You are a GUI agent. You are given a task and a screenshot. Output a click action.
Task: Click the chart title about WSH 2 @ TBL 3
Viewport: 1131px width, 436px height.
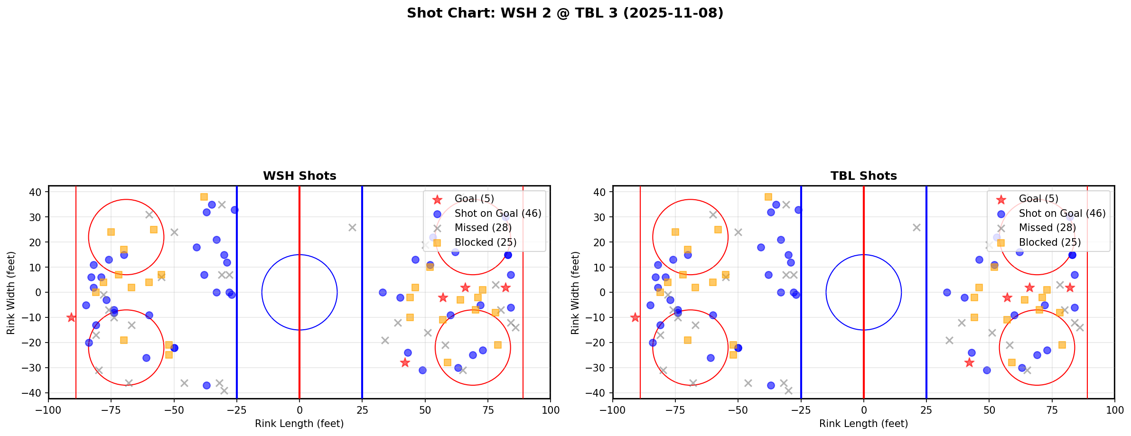click(565, 13)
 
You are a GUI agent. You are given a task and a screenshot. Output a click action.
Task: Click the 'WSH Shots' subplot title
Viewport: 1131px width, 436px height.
click(299, 176)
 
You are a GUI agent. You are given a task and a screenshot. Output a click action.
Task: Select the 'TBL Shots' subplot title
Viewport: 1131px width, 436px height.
click(863, 176)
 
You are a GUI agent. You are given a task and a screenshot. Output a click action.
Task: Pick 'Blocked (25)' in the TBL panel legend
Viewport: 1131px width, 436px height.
click(1050, 242)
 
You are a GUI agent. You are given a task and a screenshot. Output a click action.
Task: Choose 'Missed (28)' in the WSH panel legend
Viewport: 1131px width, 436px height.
click(483, 228)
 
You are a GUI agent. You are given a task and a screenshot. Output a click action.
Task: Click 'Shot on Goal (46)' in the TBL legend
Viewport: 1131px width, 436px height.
click(1062, 213)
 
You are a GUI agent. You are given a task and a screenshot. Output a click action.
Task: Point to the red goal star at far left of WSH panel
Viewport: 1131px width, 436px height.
click(71, 317)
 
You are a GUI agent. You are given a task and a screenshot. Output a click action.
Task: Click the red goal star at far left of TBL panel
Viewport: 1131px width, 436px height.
click(635, 317)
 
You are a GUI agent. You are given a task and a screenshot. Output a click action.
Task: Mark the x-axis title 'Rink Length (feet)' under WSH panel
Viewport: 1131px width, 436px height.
click(299, 424)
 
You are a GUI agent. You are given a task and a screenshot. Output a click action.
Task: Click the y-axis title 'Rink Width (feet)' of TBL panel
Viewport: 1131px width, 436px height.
click(575, 293)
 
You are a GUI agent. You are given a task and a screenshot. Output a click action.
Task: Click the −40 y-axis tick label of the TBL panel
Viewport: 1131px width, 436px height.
click(598, 393)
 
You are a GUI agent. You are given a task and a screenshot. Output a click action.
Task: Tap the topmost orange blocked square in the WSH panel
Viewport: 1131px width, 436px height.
click(204, 197)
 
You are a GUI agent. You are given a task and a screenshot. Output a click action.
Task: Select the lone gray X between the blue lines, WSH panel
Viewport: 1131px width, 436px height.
click(352, 227)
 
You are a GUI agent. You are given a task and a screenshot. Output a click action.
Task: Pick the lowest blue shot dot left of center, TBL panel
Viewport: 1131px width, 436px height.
click(771, 385)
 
